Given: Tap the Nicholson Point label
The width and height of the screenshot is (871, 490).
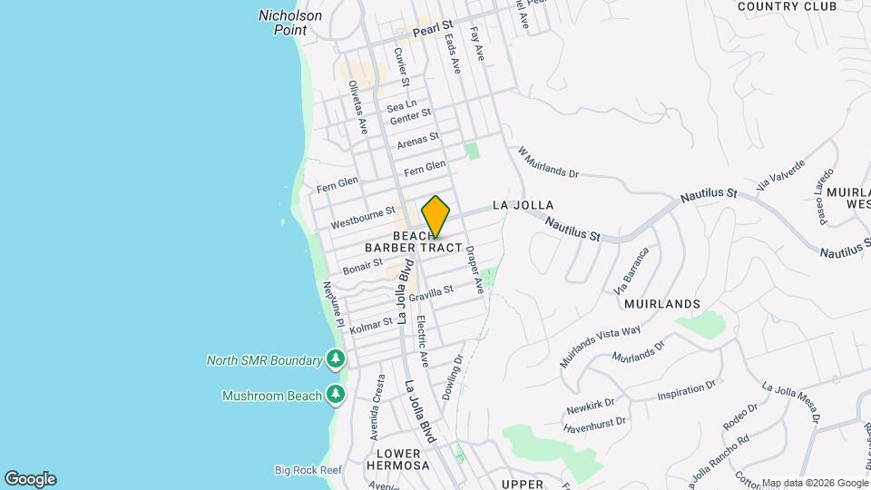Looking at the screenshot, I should pos(290,22).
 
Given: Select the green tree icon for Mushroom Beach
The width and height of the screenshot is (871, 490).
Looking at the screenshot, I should pos(337,395).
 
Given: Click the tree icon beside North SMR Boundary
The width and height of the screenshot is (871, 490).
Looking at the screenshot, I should pos(337,360).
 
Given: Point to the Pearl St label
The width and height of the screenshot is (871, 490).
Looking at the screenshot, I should pos(432,30).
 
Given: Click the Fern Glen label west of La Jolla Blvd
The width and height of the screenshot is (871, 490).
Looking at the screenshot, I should pos(338,185).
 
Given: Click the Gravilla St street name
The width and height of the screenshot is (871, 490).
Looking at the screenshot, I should pos(430,293).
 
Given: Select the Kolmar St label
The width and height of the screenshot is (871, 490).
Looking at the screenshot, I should pos(372,321).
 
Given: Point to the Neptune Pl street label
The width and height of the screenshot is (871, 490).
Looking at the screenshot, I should pos(333,305).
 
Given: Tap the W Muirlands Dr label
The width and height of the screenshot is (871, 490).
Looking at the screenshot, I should pos(547,163).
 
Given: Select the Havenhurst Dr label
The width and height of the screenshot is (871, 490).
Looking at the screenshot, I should pos(595,423).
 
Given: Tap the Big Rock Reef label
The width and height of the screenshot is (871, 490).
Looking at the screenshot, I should pos(308,469).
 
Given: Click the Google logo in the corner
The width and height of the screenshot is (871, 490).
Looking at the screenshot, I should pos(30,479).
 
